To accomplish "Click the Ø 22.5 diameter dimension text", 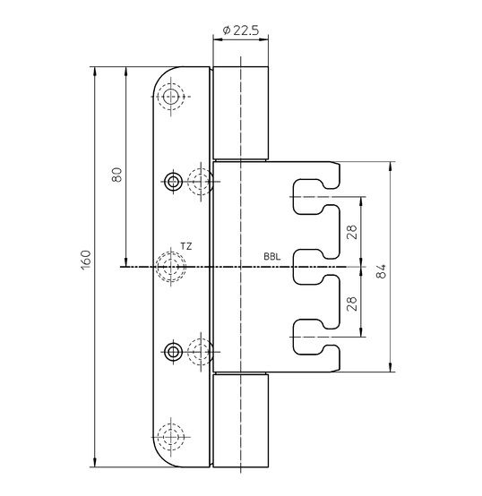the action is (x=240, y=30).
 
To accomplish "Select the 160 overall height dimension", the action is (x=86, y=260).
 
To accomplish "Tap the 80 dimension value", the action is (x=117, y=175).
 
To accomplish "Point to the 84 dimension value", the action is (x=381, y=271).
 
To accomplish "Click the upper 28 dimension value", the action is (x=351, y=232).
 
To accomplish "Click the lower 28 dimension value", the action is (x=351, y=304).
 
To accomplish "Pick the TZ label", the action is (x=186, y=246).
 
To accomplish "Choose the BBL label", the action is (x=271, y=257).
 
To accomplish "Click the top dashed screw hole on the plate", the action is (x=171, y=96).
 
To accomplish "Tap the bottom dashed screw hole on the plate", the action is (x=171, y=437).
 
